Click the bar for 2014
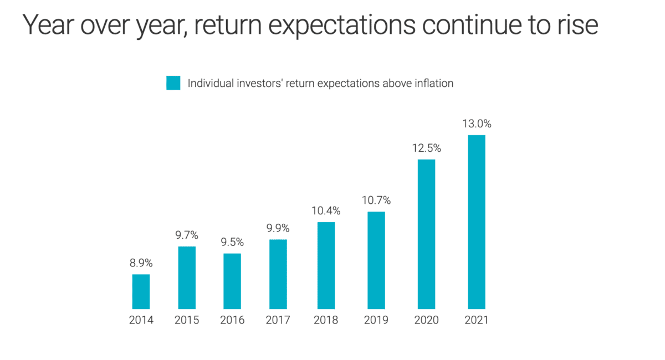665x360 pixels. [141, 291]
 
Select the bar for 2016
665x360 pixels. [232, 281]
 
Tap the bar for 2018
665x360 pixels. [326, 265]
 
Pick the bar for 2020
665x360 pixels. [426, 234]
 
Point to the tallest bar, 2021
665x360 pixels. [477, 222]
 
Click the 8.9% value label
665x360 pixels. [141, 264]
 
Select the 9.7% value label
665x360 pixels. [187, 235]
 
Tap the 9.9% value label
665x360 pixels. [278, 228]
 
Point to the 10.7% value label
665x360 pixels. [376, 200]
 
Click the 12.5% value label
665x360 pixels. [426, 148]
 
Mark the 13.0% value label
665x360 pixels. [477, 124]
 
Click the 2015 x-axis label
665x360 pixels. [187, 320]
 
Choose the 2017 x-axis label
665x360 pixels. [278, 320]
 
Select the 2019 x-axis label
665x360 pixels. [376, 320]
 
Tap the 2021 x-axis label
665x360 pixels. [477, 320]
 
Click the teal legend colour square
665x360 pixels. [173, 83]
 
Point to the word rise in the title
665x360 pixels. [576, 25]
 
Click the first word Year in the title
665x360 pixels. [47, 25]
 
